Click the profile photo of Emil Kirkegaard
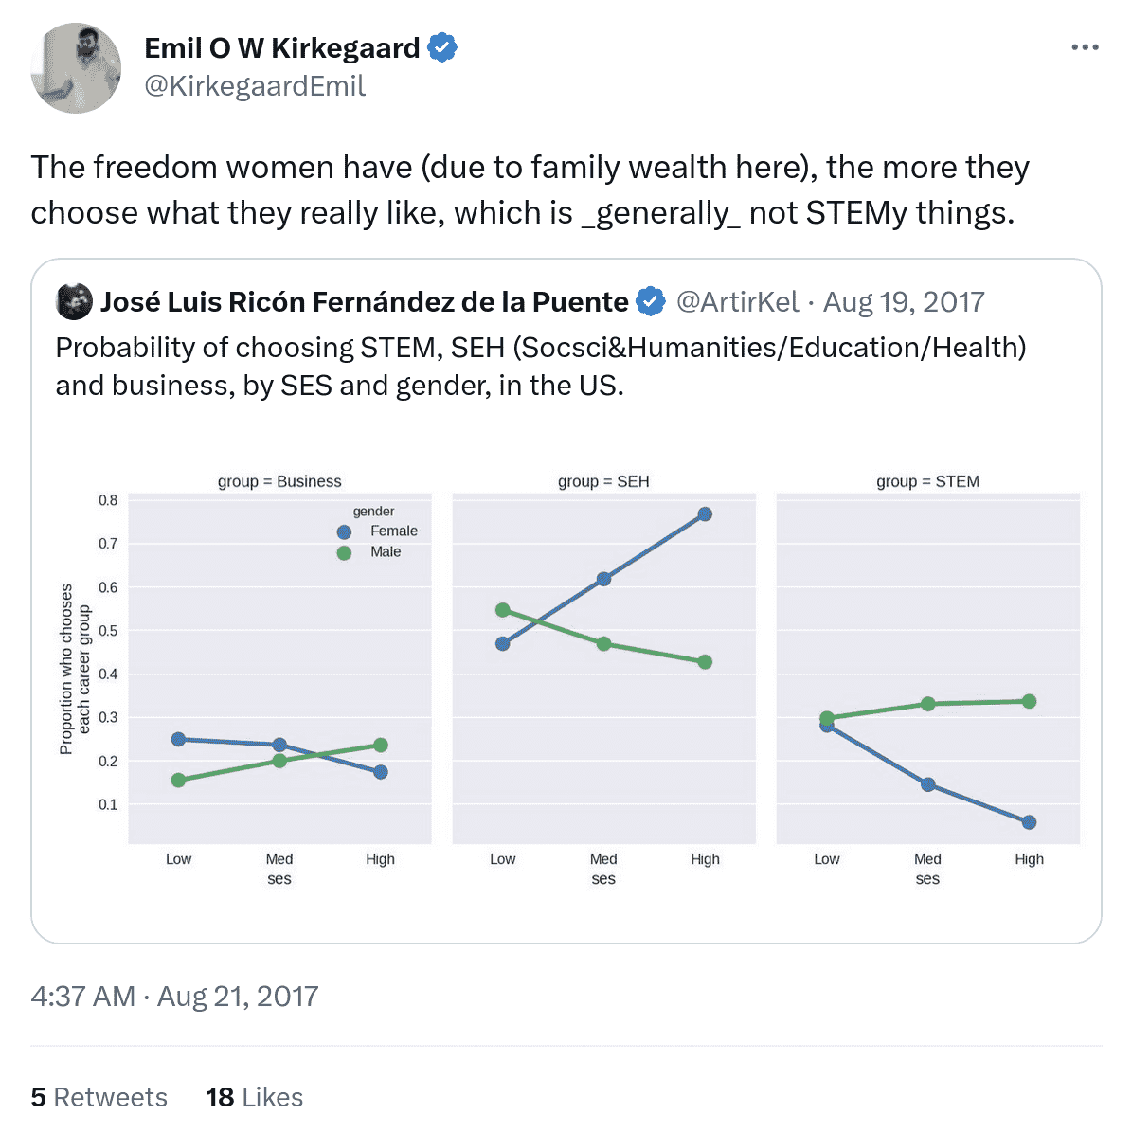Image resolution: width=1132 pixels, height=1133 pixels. (76, 68)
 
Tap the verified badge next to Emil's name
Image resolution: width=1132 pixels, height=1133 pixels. (442, 47)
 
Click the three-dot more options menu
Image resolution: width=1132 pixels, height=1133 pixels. (1085, 47)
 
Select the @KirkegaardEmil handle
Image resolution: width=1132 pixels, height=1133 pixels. (254, 86)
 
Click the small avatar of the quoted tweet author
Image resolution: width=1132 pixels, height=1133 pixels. (75, 301)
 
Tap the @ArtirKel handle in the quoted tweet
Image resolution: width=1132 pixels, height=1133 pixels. (737, 301)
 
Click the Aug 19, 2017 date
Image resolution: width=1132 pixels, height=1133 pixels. (904, 301)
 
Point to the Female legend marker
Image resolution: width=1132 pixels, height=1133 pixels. (344, 532)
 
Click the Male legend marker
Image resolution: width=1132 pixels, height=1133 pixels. (344, 553)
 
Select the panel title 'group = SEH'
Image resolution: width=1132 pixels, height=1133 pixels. (603, 481)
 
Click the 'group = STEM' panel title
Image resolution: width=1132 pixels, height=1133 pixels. (927, 481)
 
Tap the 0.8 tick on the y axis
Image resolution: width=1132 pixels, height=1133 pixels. (108, 500)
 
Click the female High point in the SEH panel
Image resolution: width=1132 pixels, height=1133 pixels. (705, 514)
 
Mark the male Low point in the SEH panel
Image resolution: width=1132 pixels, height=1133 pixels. (503, 610)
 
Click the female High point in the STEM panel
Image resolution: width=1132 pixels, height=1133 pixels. (1029, 822)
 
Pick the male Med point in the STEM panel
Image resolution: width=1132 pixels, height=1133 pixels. (928, 704)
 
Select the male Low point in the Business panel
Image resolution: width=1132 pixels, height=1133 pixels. (178, 781)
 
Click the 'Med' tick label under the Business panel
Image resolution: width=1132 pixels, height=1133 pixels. (279, 859)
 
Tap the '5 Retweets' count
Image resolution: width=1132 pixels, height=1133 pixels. (99, 1097)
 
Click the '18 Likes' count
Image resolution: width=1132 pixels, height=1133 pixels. (254, 1097)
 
